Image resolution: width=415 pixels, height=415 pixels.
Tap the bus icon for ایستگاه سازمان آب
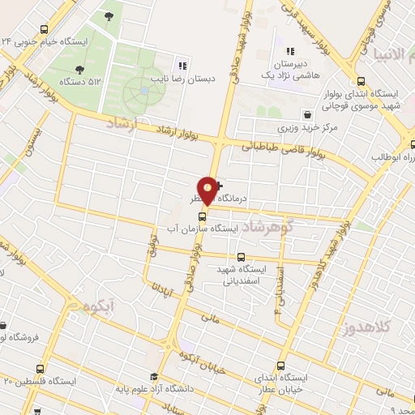(x=203, y=216)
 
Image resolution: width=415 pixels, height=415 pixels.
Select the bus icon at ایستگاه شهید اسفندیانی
(x=241, y=258)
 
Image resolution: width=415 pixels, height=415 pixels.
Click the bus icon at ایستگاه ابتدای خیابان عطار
(x=280, y=366)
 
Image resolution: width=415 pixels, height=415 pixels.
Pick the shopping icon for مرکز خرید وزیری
(x=306, y=114)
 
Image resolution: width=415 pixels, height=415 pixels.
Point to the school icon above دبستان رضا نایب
(x=183, y=66)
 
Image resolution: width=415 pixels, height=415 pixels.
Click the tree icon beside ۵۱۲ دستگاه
(x=79, y=70)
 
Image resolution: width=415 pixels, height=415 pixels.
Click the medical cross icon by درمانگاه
(x=217, y=186)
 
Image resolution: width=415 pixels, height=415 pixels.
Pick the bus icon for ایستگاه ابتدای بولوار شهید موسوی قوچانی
(x=362, y=81)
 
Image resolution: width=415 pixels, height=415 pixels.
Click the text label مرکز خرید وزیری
(x=298, y=129)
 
